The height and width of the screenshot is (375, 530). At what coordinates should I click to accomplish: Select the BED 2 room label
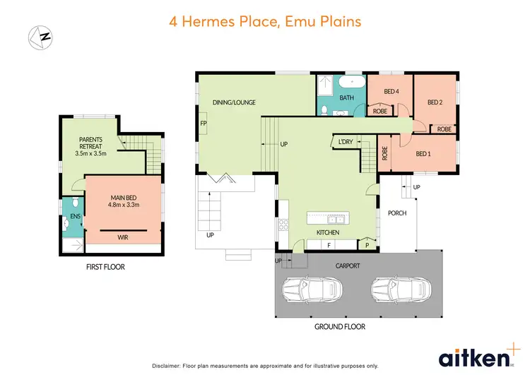tap(435, 102)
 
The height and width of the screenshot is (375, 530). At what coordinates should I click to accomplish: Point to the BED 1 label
tap(423, 153)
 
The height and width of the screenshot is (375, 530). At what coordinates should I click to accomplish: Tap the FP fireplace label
tap(204, 124)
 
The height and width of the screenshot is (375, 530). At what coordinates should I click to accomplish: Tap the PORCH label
tap(397, 213)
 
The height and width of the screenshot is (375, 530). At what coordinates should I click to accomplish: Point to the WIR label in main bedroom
tap(123, 238)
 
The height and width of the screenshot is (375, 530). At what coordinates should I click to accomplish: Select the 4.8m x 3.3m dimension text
tap(123, 206)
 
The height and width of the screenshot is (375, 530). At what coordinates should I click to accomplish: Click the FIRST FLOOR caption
tap(105, 268)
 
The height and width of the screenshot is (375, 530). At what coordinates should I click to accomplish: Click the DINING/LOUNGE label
tap(234, 102)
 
